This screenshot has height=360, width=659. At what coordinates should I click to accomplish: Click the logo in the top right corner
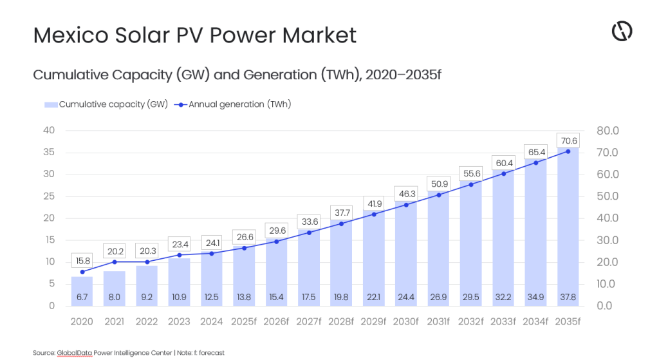622,31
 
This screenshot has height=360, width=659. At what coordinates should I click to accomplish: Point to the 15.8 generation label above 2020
82,260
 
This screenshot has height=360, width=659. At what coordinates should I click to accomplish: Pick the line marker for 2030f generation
406,205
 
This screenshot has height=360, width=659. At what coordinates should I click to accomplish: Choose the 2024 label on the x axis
212,321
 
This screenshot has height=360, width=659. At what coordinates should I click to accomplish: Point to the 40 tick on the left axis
48,131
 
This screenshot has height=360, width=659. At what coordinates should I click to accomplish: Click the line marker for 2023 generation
180,255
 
